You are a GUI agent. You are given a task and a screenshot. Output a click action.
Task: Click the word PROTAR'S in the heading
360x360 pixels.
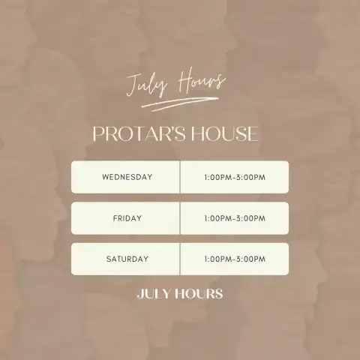pos(139,133)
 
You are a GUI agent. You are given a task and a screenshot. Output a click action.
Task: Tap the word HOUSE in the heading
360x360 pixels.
pos(225,133)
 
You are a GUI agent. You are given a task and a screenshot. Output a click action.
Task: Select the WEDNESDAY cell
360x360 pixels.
pos(125,177)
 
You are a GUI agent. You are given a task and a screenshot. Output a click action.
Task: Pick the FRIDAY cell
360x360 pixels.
pos(125,218)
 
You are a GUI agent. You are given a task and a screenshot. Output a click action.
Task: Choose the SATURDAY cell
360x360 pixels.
pos(125,259)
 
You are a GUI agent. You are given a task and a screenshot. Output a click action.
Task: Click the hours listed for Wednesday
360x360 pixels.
pos(235,177)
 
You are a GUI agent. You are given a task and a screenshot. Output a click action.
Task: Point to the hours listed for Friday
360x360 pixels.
pos(235,218)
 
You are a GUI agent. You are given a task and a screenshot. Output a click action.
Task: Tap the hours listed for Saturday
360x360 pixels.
pos(235,259)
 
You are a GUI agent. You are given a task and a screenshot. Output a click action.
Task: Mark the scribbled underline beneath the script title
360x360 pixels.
pos(180,103)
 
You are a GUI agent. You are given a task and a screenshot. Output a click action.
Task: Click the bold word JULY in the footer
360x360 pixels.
pos(154,294)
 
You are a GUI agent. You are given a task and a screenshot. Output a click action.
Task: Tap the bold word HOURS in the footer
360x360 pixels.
pos(199,294)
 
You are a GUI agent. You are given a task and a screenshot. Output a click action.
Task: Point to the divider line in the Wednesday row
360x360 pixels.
pos(180,177)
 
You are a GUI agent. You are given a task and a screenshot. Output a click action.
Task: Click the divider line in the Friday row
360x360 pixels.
pos(180,218)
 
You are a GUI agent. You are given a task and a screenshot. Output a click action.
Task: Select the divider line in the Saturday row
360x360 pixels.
pos(180,259)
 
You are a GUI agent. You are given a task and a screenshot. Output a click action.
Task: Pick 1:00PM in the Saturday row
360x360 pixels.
pos(218,259)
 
